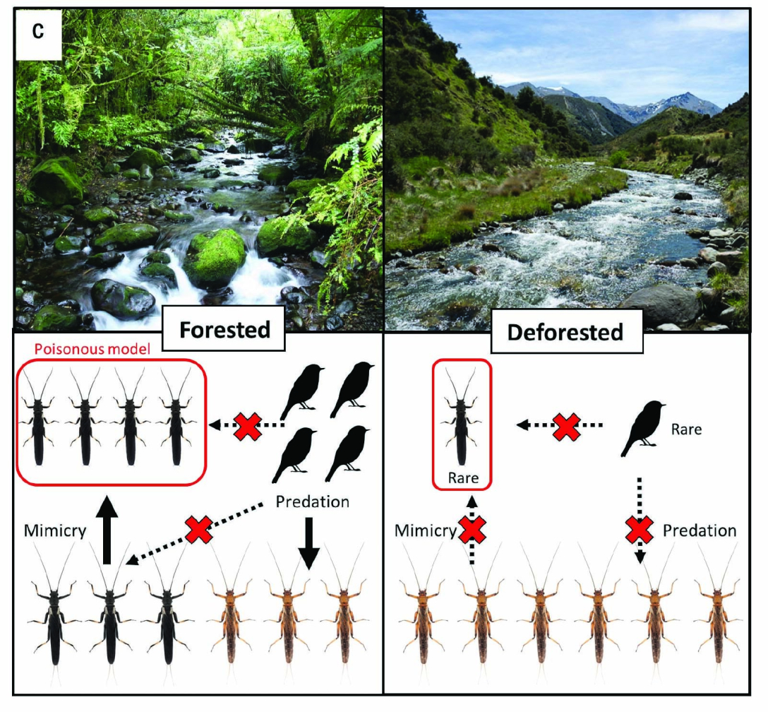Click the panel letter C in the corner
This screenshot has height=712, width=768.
pos(37,31)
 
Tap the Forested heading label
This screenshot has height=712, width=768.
pos(224,330)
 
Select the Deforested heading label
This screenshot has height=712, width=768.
pos(565,332)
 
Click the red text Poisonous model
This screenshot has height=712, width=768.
pos(92,349)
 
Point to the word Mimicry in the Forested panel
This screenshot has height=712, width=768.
pos(55,530)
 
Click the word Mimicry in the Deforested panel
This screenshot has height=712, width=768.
pos(426,530)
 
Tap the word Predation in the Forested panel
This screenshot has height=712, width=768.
pos(313,502)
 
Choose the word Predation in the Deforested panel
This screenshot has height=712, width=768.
pos(700,530)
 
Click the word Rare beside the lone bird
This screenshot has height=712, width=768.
pos(686,429)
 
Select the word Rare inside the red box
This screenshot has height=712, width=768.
pos(463,477)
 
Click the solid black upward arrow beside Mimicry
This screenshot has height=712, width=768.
pos(107,530)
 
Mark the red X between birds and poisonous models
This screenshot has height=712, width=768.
pos(247,425)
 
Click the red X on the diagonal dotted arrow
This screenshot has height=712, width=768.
pos(199,530)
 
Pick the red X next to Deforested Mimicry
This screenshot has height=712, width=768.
pos(472,530)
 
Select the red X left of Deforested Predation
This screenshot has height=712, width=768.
pos(640,530)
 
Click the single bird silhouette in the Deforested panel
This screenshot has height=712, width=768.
pos(641,428)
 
